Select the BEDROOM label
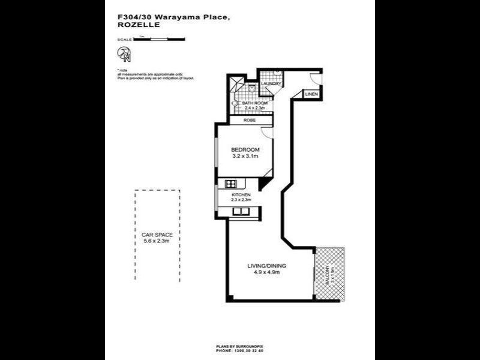245,149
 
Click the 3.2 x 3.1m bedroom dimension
245,157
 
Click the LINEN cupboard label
311,95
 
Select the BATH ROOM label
254,103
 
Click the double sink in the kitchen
242,211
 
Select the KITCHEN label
241,196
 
